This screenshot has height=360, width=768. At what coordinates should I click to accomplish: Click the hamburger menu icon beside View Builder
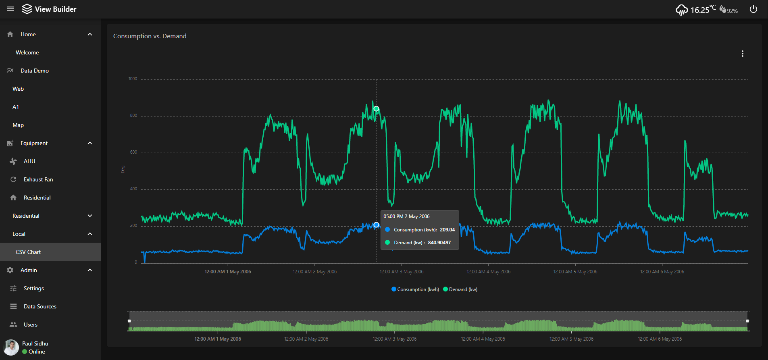coord(10,9)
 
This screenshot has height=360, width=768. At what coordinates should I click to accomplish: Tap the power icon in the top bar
coord(753,9)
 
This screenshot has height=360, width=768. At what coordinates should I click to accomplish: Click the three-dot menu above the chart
coord(742,54)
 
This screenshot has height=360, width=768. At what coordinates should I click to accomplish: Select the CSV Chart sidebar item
coord(28,252)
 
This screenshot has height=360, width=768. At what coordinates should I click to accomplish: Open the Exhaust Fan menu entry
coord(38,179)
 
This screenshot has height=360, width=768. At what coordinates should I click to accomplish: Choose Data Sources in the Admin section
coord(40,306)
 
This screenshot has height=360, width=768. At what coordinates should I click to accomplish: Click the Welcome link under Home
coord(27,52)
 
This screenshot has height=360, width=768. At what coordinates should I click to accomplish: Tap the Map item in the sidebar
coord(18,125)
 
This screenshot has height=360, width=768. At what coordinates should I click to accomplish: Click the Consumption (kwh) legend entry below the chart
coord(415,289)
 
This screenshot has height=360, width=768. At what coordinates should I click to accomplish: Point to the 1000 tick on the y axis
coord(133,79)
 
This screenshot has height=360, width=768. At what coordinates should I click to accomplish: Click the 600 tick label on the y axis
coord(133,152)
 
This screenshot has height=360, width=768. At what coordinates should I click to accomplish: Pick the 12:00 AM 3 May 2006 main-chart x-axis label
coord(402,272)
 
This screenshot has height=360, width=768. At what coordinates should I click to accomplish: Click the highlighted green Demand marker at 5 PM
coord(376,109)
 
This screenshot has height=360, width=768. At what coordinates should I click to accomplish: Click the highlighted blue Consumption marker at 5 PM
coord(376,225)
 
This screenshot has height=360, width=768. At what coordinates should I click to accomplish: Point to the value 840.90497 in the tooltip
coord(439,243)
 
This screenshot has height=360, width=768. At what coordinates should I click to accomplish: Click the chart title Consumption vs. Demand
coord(150,36)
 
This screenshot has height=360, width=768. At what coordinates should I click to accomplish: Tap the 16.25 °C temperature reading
coord(700,10)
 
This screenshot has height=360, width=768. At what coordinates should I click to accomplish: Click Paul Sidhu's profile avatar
coord(11,348)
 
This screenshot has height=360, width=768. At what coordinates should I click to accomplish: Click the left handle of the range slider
coord(129,321)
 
